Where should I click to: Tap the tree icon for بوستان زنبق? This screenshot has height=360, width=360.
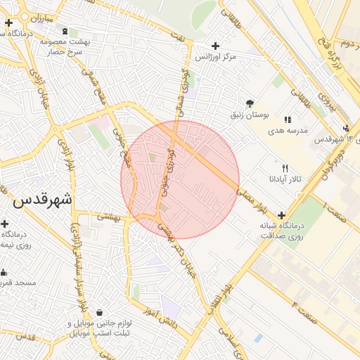pyautogui.click(x=250, y=103)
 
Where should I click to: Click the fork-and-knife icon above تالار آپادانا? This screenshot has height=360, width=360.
pyautogui.click(x=285, y=168)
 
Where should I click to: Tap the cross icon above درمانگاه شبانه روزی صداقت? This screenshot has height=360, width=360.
pyautogui.click(x=282, y=215)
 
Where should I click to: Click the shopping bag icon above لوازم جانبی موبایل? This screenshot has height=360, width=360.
pyautogui.click(x=99, y=312)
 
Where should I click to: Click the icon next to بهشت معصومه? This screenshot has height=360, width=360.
pyautogui.click(x=65, y=32)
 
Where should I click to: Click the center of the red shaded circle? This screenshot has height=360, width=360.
pyautogui.click(x=180, y=180)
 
